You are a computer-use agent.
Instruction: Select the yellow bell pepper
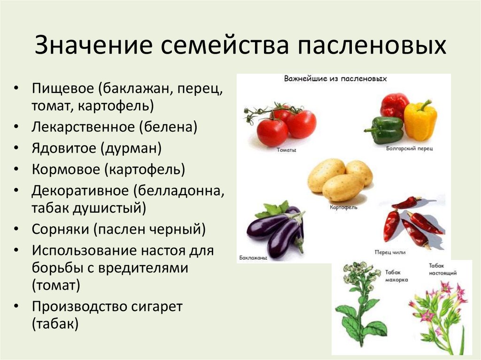click(x=420, y=120)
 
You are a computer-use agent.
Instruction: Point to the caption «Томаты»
click(x=286, y=150)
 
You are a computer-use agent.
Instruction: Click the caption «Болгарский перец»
click(x=409, y=148)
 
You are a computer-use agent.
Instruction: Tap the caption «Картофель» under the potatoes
click(x=343, y=207)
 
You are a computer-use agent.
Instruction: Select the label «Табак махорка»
click(x=396, y=276)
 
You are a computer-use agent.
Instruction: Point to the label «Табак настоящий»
click(x=442, y=268)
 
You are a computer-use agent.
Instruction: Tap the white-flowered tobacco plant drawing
click(x=361, y=305)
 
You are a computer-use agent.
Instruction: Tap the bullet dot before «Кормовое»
click(x=17, y=170)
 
